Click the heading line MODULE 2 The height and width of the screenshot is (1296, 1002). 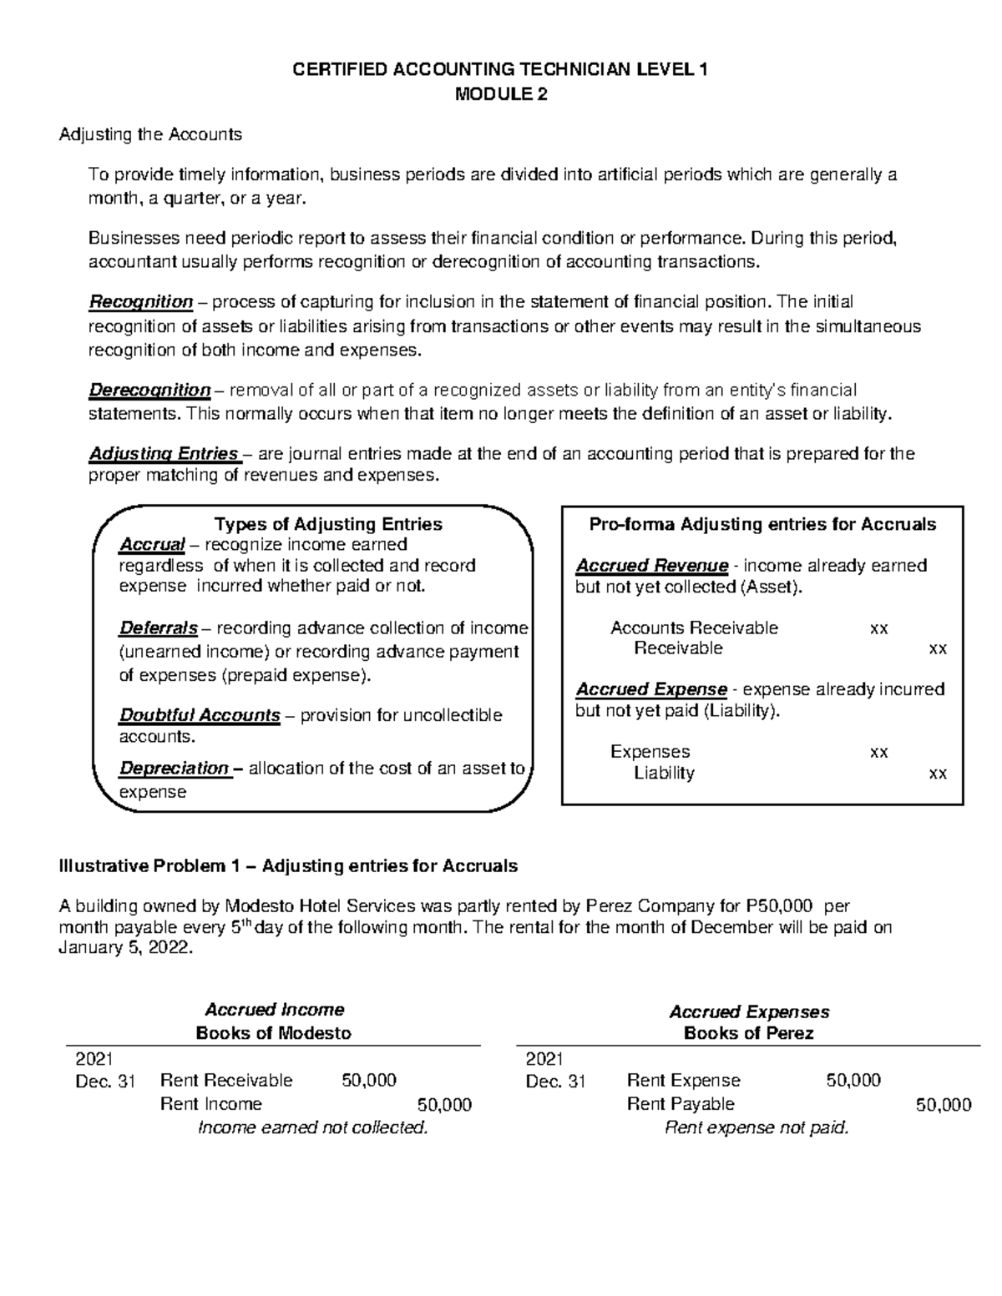pos(500,94)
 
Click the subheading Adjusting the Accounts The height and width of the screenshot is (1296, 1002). pos(150,134)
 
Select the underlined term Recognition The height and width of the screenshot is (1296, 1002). pos(141,301)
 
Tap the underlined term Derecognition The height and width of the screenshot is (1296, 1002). pos(149,390)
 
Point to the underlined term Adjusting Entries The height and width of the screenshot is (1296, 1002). pos(164,454)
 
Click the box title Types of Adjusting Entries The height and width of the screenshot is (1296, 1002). pos(328,524)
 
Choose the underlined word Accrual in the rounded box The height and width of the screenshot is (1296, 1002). pos(152,545)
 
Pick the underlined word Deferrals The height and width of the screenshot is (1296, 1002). pos(159,628)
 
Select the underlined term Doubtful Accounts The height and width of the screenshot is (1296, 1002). pos(200,715)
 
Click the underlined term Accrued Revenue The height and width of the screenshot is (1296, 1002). pos(651,566)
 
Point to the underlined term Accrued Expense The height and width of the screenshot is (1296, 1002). pos(650,689)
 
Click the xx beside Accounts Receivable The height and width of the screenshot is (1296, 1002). pos(878,628)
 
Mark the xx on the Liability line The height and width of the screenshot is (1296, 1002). pos(938,774)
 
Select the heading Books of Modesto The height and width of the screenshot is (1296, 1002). pos(273,1033)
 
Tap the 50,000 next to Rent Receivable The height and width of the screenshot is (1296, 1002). pos(369,1081)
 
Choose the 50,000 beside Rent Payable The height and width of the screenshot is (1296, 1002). pos(943,1105)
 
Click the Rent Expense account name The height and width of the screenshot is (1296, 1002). pos(683,1081)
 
